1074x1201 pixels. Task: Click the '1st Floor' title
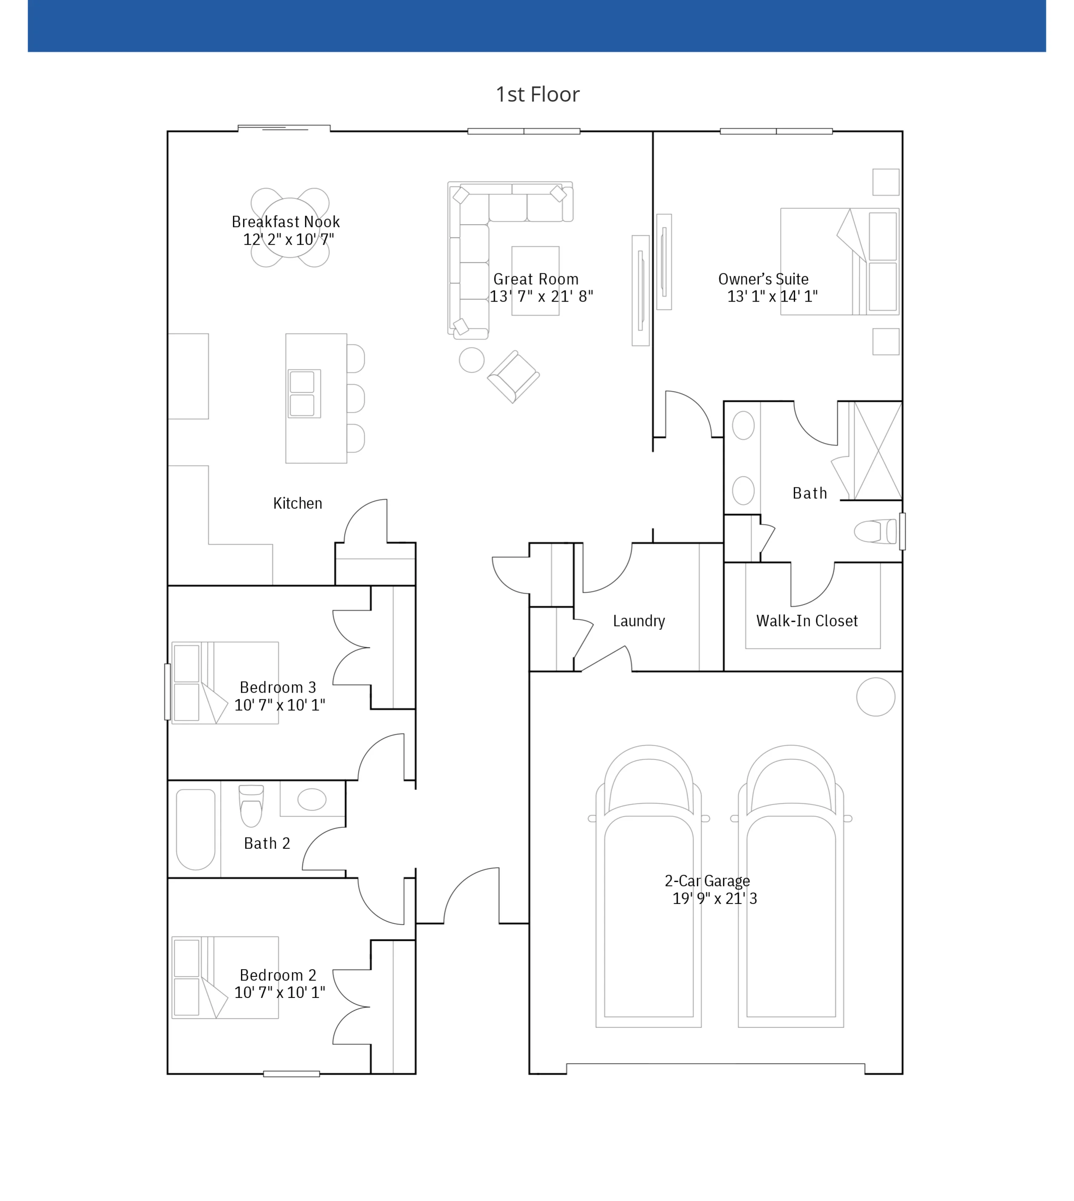pos(537,94)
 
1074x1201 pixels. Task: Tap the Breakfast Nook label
pos(286,222)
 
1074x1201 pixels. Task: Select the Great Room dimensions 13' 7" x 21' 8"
pos(541,296)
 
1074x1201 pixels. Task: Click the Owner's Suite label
pos(763,279)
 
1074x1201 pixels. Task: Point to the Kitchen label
pos(297,503)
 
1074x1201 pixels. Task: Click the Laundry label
pos(639,621)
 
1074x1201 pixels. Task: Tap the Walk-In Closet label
pos(807,621)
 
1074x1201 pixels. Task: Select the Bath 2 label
pos(267,843)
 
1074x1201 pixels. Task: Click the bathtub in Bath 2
pos(195,829)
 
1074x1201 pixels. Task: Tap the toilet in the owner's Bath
pos(875,531)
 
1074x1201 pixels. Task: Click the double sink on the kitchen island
pos(304,393)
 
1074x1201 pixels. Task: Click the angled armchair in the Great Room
pos(513,377)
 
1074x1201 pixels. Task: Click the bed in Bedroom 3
pos(225,683)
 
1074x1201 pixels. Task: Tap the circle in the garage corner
pos(875,697)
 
